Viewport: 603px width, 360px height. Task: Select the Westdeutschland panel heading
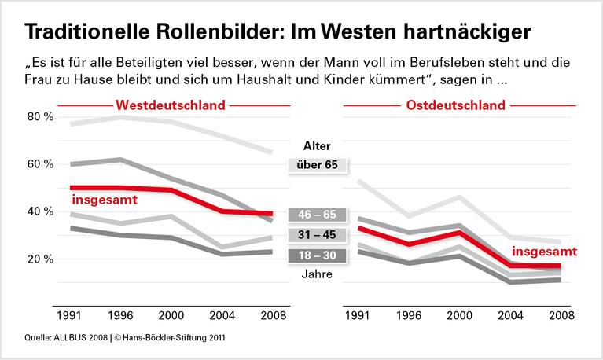pyautogui.click(x=171, y=105)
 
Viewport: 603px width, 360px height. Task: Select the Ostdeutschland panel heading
pyautogui.click(x=455, y=105)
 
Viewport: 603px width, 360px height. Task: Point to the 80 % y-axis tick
pyautogui.click(x=40, y=117)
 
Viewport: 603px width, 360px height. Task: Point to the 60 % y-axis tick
pyautogui.click(x=40, y=164)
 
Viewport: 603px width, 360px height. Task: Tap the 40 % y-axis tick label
pyautogui.click(x=40, y=211)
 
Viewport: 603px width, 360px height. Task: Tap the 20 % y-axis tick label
pyautogui.click(x=40, y=259)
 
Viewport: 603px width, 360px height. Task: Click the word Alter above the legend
pyautogui.click(x=317, y=145)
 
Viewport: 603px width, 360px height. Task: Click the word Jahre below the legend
pyautogui.click(x=317, y=274)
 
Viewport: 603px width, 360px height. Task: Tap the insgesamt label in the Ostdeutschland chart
pyautogui.click(x=544, y=251)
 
